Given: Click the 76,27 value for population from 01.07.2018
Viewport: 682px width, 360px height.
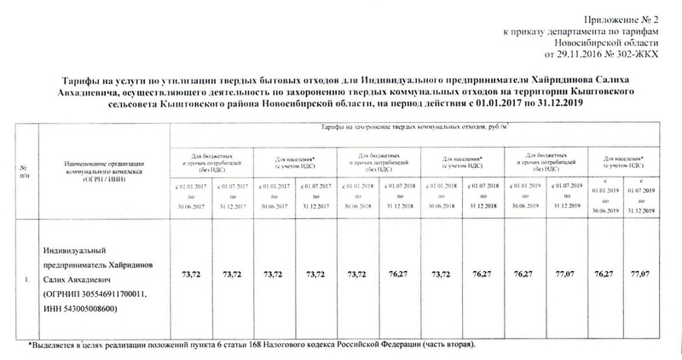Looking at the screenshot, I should pos(483,276).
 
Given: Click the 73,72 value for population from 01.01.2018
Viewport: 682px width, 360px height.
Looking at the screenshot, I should pos(441,276).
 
